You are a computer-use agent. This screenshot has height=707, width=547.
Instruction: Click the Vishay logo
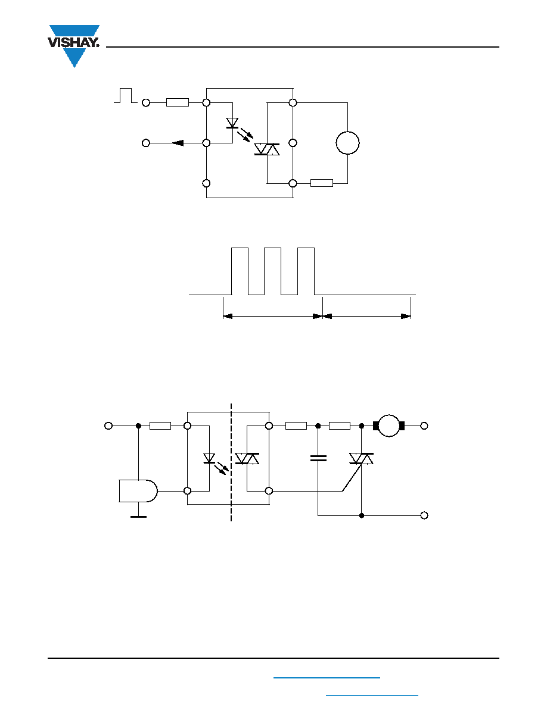pos(73,46)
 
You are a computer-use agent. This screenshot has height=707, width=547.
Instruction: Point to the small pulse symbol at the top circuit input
pos(126,96)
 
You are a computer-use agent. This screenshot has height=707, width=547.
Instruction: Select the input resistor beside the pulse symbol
pos(178,103)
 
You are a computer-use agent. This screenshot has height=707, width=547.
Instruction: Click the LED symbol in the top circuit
pos(232,123)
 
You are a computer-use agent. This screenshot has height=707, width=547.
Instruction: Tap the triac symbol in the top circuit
pos(267,149)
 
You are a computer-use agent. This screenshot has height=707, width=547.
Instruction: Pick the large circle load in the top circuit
pos(347,143)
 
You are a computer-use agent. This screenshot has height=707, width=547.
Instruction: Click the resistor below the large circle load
pos(322,183)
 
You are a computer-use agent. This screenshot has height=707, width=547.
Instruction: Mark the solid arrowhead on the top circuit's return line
pos(178,143)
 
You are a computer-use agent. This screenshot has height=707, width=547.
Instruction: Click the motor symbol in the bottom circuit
pos(389,426)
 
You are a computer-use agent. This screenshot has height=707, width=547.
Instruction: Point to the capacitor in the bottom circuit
pos(318,458)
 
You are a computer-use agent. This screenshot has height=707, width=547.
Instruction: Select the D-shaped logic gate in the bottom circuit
pos(138,491)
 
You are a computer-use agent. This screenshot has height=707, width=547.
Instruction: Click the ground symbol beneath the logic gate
pos(139,517)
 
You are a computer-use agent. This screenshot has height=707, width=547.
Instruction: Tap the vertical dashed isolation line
pos(231,462)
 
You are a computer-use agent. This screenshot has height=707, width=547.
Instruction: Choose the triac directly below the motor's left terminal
pos(361,459)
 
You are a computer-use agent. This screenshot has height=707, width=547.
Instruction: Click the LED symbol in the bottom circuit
pos(209,459)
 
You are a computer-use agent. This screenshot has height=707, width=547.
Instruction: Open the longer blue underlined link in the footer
pos(327,677)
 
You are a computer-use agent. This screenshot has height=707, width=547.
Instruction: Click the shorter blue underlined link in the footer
pos(372,696)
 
